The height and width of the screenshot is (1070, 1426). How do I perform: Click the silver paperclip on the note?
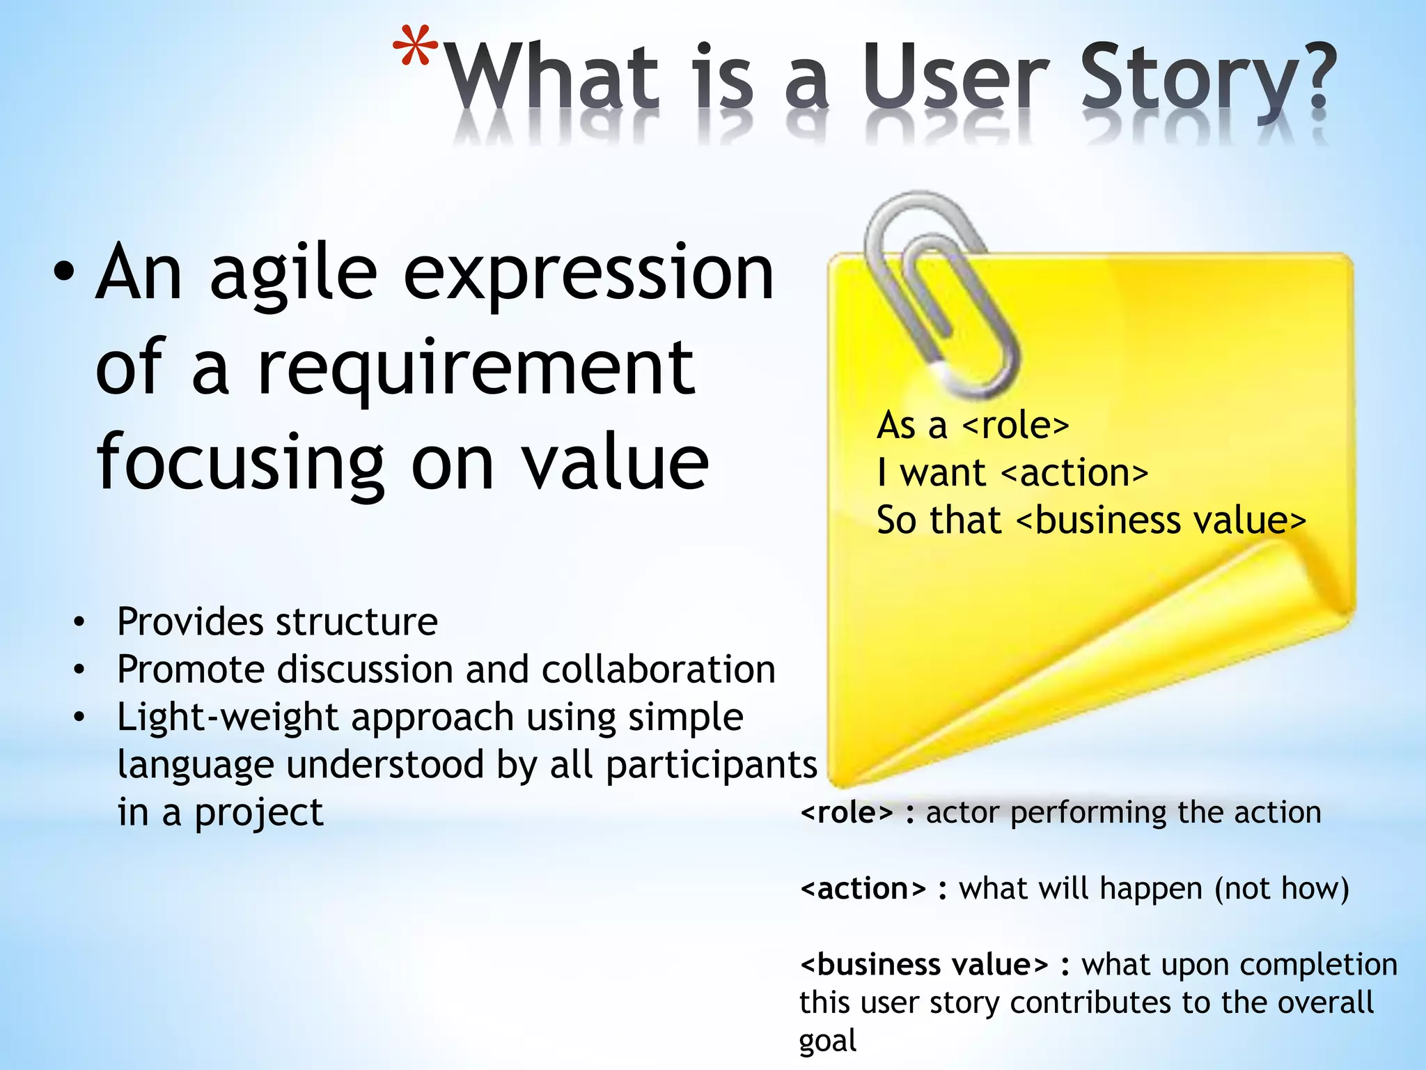tap(937, 293)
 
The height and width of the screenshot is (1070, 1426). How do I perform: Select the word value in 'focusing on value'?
tap(616, 463)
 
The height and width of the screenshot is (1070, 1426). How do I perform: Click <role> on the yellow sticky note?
tap(1016, 425)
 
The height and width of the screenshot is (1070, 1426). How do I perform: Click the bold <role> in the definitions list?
tap(846, 812)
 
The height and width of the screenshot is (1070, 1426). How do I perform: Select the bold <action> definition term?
tap(863, 889)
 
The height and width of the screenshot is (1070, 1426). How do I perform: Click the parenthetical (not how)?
tap(1282, 889)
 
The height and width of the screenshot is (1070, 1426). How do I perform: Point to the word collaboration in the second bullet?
tap(658, 669)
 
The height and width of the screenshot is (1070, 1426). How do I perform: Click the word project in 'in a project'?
tap(258, 813)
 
